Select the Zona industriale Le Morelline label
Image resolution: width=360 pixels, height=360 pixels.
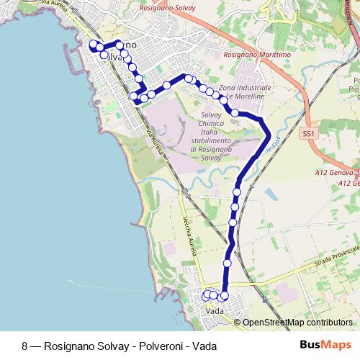click(x=248, y=91)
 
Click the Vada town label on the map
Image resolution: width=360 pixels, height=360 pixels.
click(x=215, y=311)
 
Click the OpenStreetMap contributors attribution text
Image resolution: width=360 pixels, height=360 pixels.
click(x=297, y=323)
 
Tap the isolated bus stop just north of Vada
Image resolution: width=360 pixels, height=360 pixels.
click(x=228, y=264)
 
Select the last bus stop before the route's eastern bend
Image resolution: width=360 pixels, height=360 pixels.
click(x=235, y=112)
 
